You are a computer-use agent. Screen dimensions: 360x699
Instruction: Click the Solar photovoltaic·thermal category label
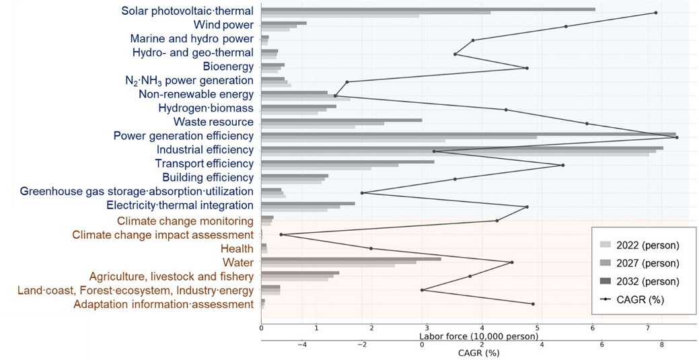coord(187,11)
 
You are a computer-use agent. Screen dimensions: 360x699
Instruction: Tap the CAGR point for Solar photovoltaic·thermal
coord(656,13)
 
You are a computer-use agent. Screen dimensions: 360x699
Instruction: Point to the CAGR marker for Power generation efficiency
coord(677,137)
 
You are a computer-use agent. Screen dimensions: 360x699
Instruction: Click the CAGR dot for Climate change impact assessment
coord(281,235)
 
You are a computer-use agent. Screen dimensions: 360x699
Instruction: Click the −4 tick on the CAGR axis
coord(302,345)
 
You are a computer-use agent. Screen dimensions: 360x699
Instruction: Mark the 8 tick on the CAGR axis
coord(661,345)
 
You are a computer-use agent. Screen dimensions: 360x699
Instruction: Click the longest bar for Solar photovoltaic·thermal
coord(428,9)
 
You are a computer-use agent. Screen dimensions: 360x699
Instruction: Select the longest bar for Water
coord(351,258)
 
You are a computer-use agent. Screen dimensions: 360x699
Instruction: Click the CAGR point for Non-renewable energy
coord(335,96)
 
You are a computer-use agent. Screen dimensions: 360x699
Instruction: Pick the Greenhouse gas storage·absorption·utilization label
coord(137,191)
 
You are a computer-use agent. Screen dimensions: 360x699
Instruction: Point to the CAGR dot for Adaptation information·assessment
coord(534,304)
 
